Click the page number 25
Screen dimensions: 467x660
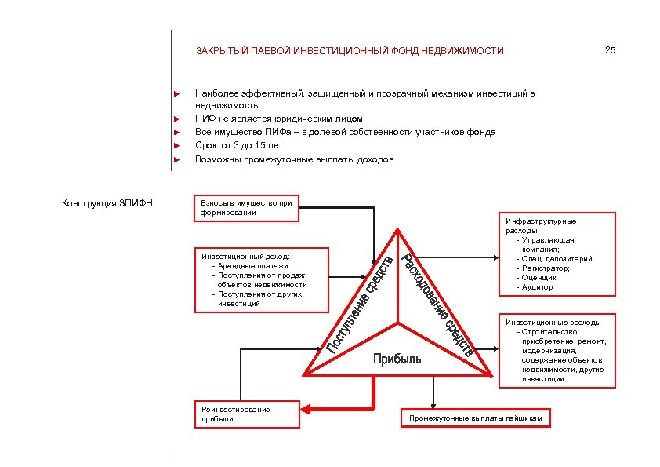coord(611,51)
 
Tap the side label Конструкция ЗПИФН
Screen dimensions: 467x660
coord(107,204)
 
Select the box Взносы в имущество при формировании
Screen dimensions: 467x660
coord(246,208)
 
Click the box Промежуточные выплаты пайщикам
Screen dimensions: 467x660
coord(477,418)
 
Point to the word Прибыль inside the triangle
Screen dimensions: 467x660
coord(397,359)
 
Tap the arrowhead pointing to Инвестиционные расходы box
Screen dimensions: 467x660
coord(493,349)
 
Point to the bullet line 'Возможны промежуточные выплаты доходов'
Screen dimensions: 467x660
coord(294,159)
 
